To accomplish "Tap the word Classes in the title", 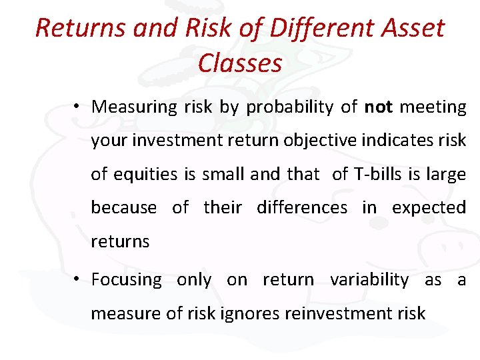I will tap(240, 63).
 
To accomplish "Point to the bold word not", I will tap(378, 107).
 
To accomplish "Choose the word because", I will tap(123, 207).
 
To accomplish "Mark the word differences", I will tap(302, 207).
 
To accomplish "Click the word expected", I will tap(429, 207).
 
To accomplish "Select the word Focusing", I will tap(126, 280).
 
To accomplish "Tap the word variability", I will tap(369, 280).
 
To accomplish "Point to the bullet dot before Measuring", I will tap(78, 107).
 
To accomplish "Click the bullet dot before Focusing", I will tap(78, 279).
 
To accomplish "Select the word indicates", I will tap(395, 141).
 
